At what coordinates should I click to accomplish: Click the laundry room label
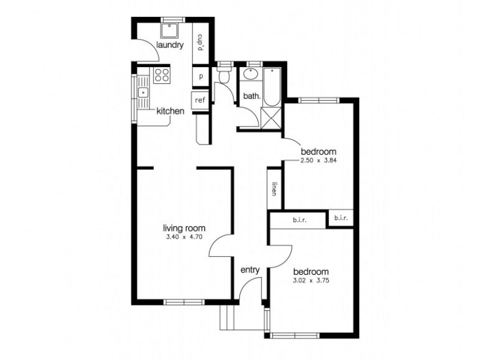pos(170,46)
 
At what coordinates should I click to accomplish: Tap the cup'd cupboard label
pos(200,43)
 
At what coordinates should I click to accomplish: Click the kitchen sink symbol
pos(143,92)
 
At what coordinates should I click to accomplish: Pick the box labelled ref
pos(200,100)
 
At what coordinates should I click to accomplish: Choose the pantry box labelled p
pos(200,77)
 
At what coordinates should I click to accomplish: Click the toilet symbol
pos(224,76)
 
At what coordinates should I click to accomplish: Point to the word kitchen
pos(170,111)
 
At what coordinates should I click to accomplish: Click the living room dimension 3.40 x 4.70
pos(185,238)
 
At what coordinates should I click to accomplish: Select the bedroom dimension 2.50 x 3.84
pos(319,160)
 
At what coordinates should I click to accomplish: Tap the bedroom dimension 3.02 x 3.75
pos(311,280)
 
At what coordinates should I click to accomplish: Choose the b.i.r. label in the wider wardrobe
pos(299,220)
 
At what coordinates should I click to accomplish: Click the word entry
pos(250,270)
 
